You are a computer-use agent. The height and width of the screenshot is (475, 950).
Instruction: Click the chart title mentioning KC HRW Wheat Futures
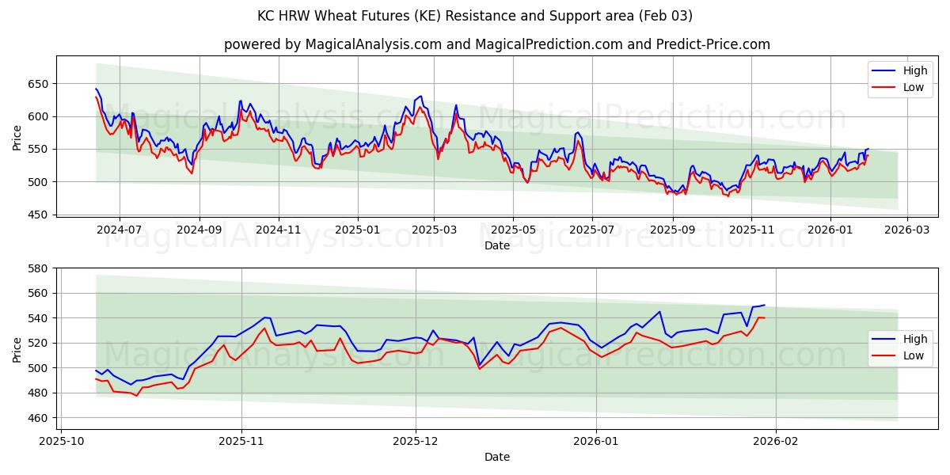pos(475,16)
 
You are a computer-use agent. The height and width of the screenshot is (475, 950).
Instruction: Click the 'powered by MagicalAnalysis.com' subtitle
pos(496,44)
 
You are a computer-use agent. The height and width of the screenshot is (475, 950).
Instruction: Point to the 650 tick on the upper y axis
pos(38,84)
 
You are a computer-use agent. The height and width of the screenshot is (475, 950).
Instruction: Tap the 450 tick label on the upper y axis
pos(38,215)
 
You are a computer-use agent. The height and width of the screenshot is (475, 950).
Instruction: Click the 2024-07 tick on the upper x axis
pos(120,229)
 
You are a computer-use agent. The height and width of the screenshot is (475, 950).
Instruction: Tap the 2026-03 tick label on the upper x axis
pos(906,229)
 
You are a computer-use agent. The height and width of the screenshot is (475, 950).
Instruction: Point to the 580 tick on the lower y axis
pos(38,268)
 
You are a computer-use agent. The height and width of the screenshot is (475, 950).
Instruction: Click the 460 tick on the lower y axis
pos(38,418)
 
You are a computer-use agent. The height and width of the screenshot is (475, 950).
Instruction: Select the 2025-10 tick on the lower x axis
pos(61,441)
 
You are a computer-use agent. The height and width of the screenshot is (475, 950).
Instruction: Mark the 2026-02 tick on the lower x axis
pos(776,441)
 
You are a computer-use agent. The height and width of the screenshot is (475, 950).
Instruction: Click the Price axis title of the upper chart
pos(17,138)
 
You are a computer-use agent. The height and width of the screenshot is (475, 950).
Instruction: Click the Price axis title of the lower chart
pos(17,350)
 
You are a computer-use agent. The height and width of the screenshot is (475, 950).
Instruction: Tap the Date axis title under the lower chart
pos(496,457)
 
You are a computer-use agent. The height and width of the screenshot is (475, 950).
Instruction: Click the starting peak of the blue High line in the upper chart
pos(96,89)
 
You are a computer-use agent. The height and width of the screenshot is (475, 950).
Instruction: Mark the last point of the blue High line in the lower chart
pos(764,305)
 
